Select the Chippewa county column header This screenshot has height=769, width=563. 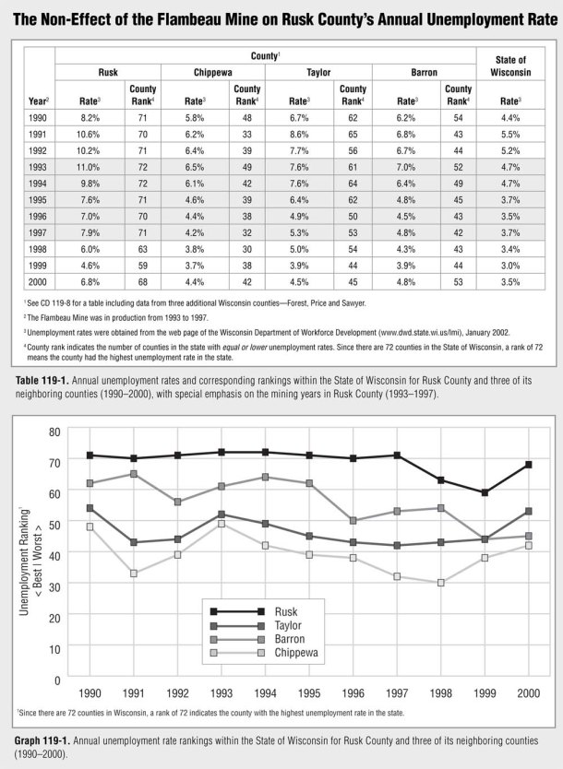pyautogui.click(x=213, y=70)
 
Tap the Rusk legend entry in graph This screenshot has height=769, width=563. pyautogui.click(x=286, y=610)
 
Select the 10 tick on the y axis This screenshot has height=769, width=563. pyautogui.click(x=54, y=648)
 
